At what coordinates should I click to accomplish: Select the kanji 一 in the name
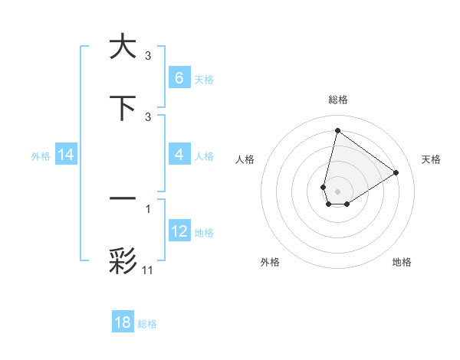pos(123,198)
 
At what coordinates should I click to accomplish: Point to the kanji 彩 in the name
pos(123,260)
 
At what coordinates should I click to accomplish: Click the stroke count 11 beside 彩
pos(149,270)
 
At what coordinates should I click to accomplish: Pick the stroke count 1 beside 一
pos(148,208)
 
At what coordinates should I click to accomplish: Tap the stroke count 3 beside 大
pos(148,55)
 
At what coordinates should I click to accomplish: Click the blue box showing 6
pos(179,77)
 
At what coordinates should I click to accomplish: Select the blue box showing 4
pos(179,155)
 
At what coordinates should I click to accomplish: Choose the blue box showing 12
pos(179,231)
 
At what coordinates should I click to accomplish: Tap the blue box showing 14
pos(65,155)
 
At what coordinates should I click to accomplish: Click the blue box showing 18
pos(123,322)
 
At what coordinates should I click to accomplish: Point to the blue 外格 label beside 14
pos(41,155)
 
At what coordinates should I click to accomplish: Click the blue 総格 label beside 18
pos(147,324)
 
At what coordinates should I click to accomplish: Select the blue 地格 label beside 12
pos(204,233)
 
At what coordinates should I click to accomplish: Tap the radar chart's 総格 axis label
pos(337,100)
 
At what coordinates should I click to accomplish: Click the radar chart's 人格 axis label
pos(245,159)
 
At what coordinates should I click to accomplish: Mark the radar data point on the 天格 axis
pos(396,172)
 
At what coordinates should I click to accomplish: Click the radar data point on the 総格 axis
pos(337,130)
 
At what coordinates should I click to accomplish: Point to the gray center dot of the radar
pos(337,191)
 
